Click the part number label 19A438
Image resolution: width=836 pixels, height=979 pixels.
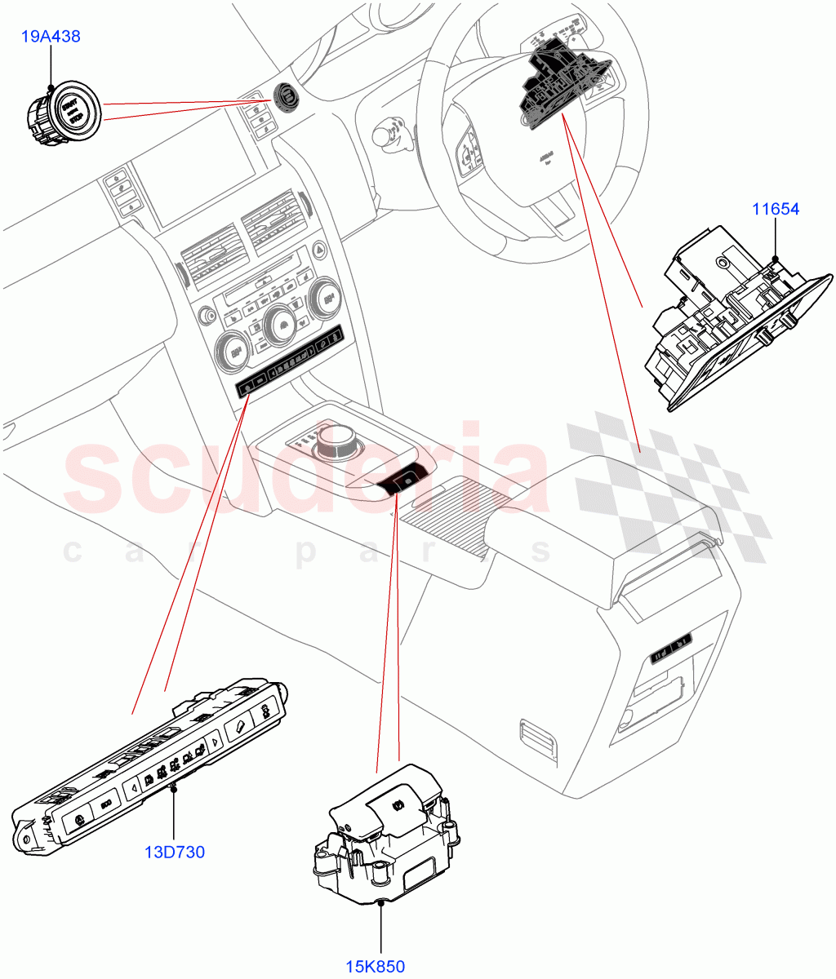click(51, 37)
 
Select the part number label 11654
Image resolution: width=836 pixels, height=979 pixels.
click(775, 209)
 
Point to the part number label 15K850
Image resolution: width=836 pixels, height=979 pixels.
click(375, 968)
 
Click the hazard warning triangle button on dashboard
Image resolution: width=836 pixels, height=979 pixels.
click(318, 251)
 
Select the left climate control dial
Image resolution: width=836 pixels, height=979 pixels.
click(229, 354)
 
